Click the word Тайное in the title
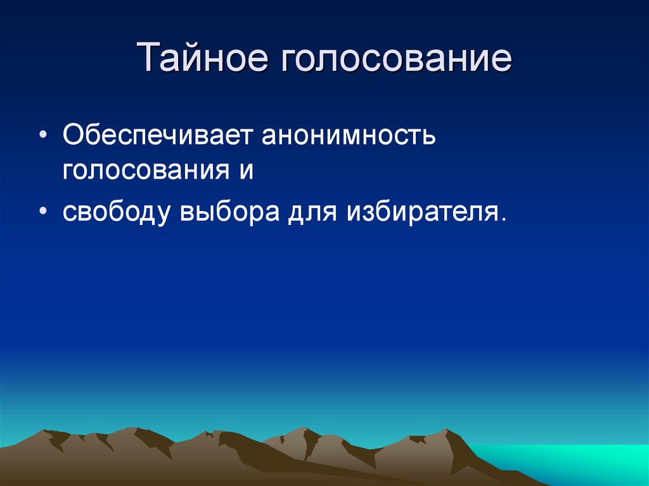[x=203, y=58]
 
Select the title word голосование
[x=393, y=58]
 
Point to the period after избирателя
[x=504, y=219]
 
